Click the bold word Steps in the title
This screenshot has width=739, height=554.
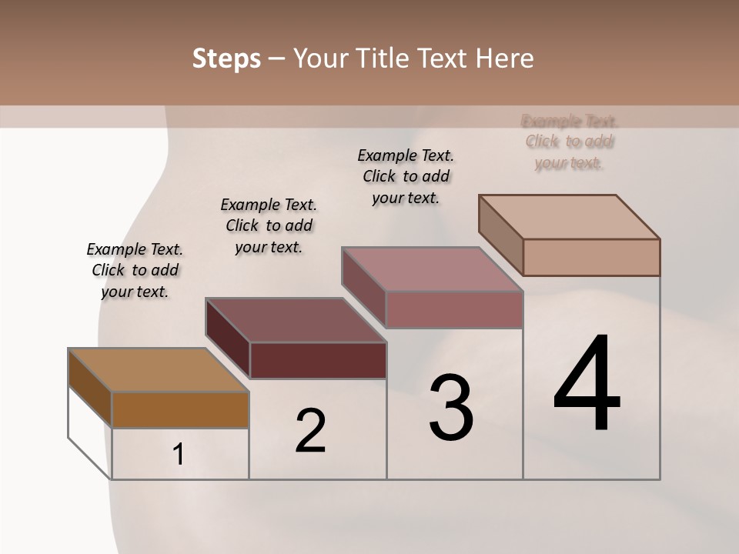click(x=226, y=58)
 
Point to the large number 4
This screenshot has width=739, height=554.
click(x=587, y=385)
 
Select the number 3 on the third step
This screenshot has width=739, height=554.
click(x=451, y=408)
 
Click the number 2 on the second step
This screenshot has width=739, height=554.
click(x=310, y=431)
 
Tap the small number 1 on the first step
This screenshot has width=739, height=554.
click(x=179, y=455)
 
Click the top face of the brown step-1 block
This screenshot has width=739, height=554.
click(x=158, y=370)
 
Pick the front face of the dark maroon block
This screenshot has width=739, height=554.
click(x=318, y=360)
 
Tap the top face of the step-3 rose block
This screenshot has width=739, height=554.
click(x=431, y=269)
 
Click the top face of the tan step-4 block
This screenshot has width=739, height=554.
click(x=570, y=217)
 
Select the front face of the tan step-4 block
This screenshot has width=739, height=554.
click(x=591, y=257)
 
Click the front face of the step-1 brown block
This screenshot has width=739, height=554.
click(x=180, y=409)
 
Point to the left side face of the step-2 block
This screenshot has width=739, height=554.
click(x=228, y=336)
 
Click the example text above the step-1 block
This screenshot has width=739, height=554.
click(x=135, y=270)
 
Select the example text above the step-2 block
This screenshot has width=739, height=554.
click(x=269, y=225)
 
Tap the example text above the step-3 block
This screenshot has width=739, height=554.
click(x=406, y=176)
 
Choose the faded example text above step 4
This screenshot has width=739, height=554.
click(x=570, y=142)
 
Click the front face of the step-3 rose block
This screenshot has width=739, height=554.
click(x=454, y=309)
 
